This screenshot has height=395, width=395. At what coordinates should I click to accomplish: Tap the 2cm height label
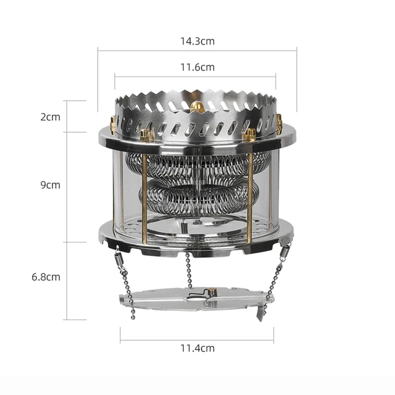[x=50, y=117]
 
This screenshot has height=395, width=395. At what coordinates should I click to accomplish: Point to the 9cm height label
[x=50, y=185]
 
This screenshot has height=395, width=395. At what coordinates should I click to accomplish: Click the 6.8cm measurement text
[x=47, y=276]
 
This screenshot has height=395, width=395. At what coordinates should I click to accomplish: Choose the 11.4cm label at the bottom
[x=197, y=348]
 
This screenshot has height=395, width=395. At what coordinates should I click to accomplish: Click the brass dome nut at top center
[x=198, y=108]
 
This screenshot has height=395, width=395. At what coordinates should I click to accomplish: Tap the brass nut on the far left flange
[x=113, y=122]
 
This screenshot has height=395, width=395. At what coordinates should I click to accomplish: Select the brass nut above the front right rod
[x=250, y=134]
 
